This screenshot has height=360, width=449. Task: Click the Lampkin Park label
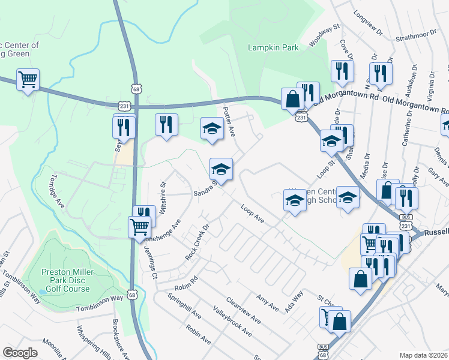pos(270,47)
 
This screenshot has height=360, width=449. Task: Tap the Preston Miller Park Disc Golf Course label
pos(65,280)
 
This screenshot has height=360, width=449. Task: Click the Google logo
pos(20,353)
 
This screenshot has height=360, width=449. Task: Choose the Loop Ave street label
pos(252,214)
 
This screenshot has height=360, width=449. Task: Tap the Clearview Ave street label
pos(244,309)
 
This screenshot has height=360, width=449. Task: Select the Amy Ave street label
pos(267,302)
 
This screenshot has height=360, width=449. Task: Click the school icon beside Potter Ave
pos(211,128)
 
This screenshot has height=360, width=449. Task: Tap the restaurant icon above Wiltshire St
pos(166,125)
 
